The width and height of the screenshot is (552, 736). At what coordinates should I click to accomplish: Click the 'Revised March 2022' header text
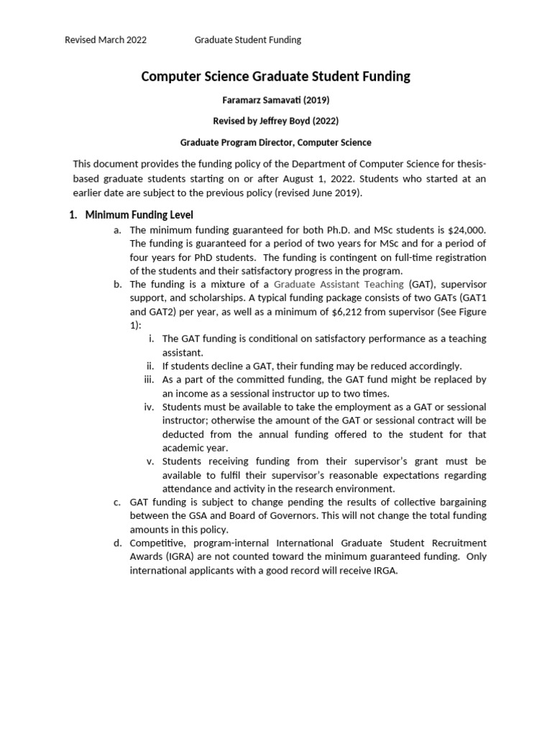[106, 40]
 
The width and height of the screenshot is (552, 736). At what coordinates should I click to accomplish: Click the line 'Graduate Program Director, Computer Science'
[276, 142]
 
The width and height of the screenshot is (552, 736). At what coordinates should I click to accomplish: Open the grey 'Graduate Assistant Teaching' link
[339, 285]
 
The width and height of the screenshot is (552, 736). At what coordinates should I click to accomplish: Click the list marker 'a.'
[118, 230]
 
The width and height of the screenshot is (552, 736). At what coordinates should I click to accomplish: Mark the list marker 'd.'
[118, 542]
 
